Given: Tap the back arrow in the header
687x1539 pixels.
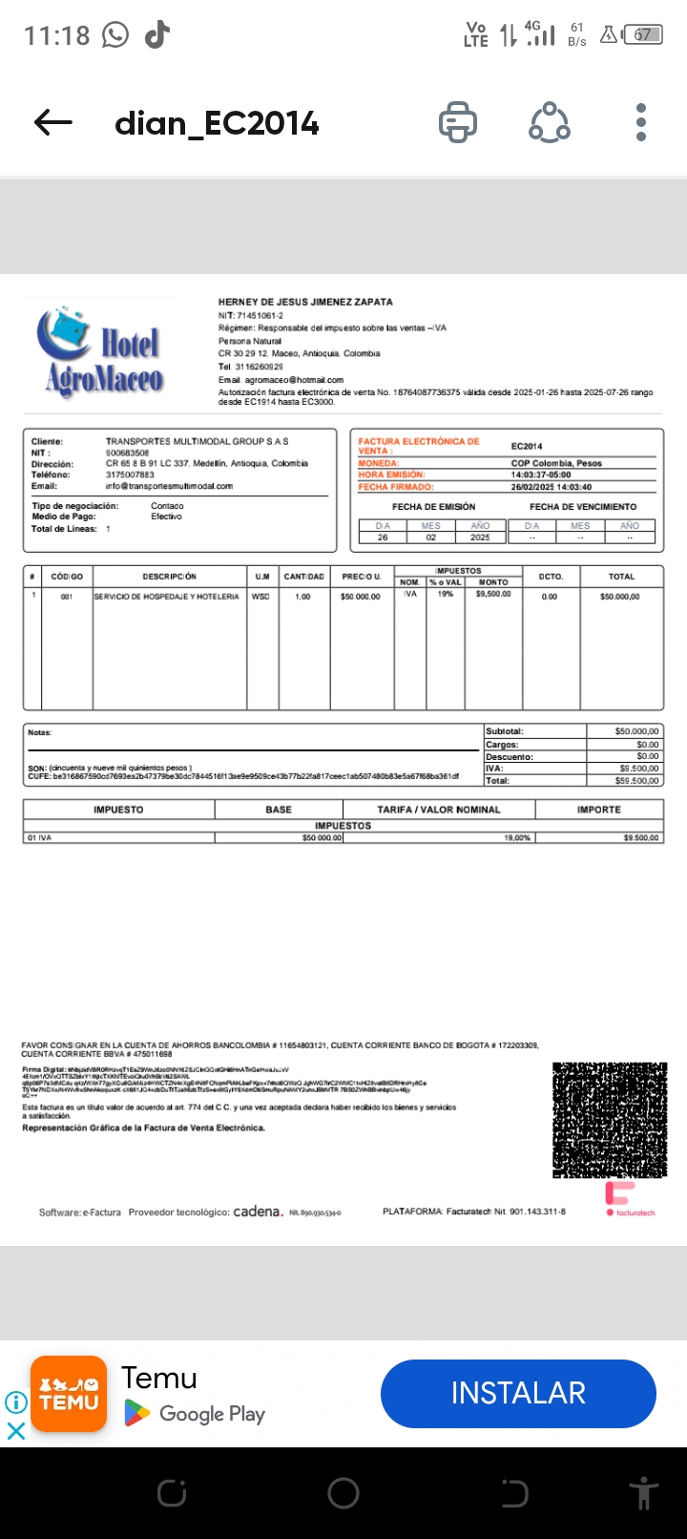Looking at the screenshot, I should click(53, 122).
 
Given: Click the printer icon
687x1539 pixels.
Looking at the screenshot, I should click(458, 122).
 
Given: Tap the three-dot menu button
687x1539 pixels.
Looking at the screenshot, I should click(641, 122).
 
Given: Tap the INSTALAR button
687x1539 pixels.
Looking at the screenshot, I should click(518, 1393).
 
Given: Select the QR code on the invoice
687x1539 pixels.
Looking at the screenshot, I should click(609, 1120).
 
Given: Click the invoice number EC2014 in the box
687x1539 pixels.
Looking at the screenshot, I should click(527, 446).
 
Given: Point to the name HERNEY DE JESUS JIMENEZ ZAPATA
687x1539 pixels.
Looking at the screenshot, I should click(305, 302).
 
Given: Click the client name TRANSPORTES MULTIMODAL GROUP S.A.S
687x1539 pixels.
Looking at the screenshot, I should click(197, 441).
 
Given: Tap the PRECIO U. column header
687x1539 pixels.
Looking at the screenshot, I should click(361, 577).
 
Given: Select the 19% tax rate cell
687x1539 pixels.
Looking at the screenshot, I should click(445, 594).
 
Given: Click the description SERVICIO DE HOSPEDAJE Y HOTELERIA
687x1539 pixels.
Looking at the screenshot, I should click(167, 597).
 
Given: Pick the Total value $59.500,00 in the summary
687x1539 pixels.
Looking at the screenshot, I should click(636, 781).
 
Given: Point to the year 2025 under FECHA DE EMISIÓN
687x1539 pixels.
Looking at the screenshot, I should click(480, 538).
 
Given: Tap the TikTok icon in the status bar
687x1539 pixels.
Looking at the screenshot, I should click(157, 35).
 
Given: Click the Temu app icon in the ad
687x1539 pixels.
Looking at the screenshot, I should click(69, 1394).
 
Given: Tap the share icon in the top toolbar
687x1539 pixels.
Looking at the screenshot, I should click(550, 122).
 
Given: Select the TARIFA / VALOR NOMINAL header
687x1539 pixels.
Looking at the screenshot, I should click(438, 810).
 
